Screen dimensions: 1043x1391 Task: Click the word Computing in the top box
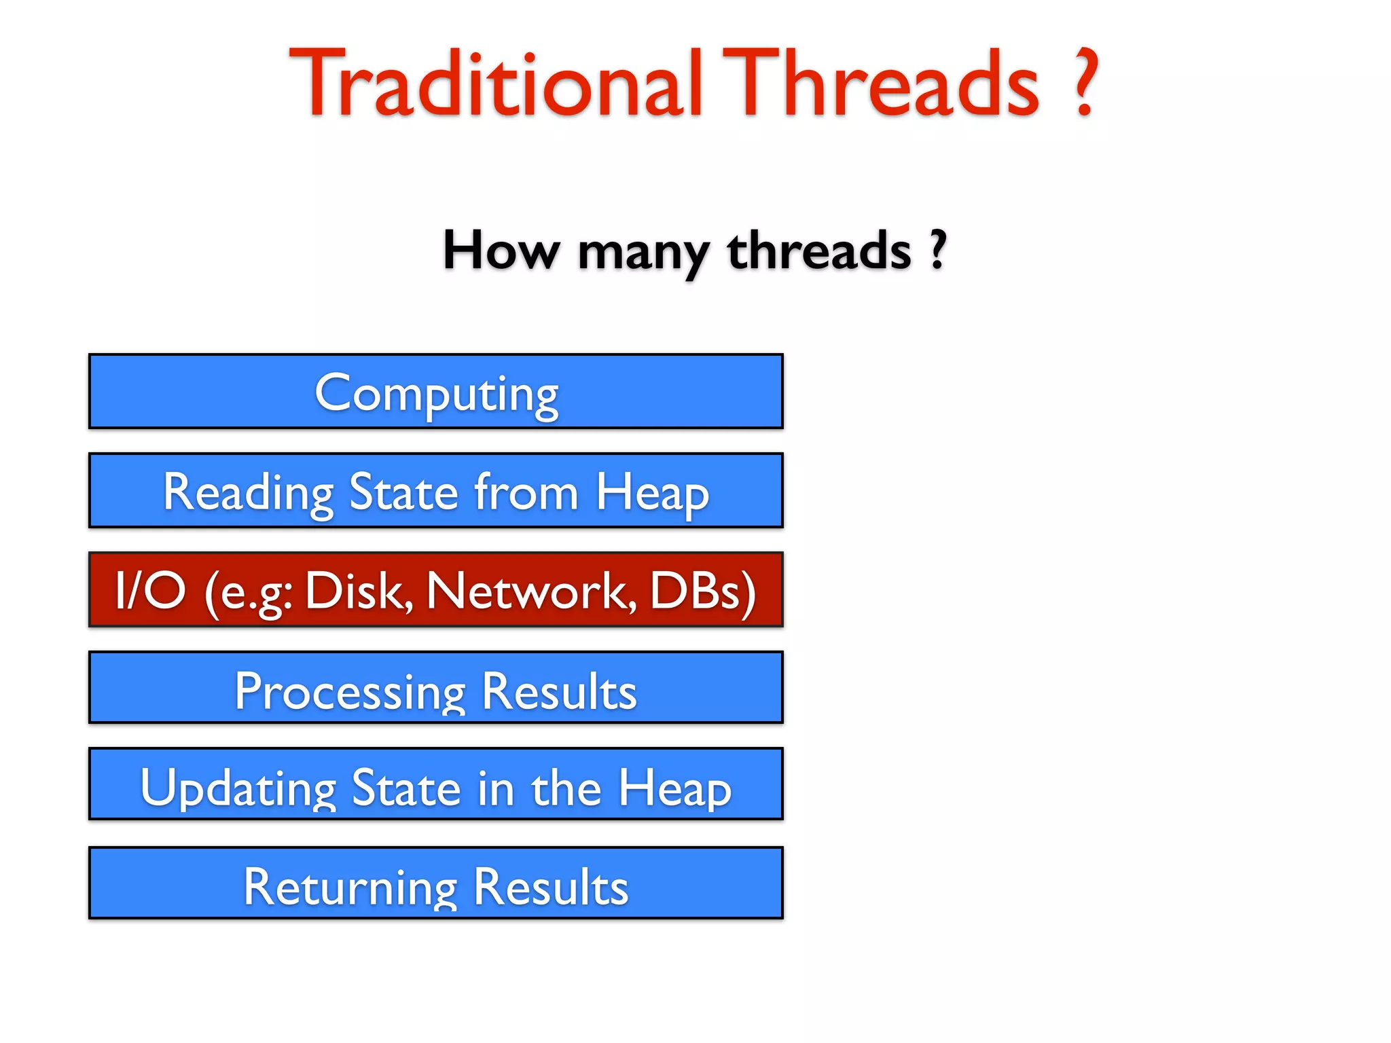pos(436,394)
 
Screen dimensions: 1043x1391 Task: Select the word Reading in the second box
pos(248,492)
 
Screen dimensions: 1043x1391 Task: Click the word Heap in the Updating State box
pos(674,789)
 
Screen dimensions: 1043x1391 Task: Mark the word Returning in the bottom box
pos(350,887)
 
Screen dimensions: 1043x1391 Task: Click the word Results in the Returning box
pos(551,887)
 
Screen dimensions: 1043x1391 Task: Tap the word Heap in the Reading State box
pos(652,492)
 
